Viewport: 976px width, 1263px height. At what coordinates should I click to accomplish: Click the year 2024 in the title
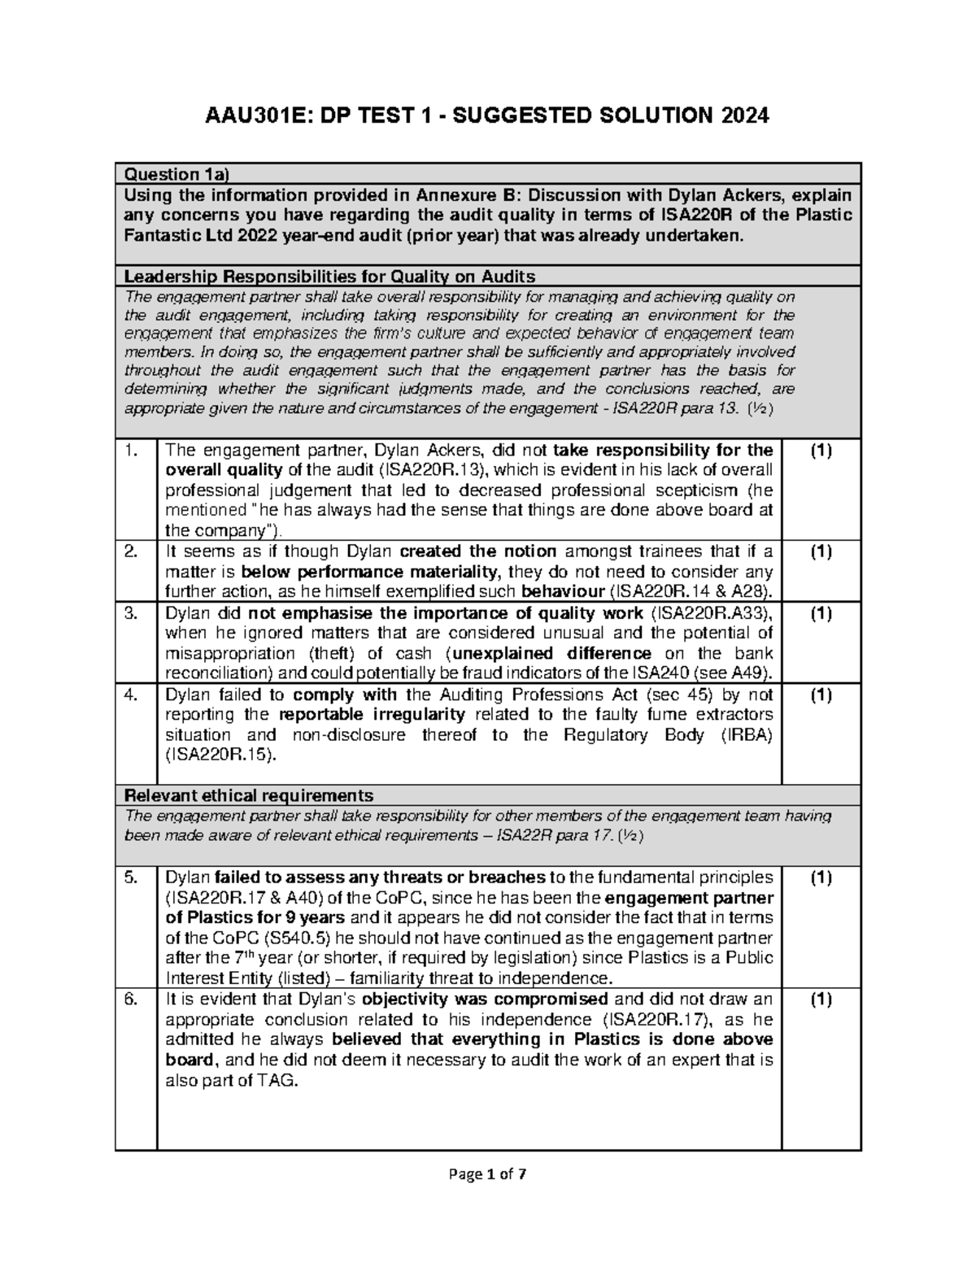click(740, 116)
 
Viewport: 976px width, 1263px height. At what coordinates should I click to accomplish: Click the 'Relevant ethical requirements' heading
click(248, 795)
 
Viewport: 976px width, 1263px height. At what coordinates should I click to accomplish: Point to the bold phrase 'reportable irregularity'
click(372, 715)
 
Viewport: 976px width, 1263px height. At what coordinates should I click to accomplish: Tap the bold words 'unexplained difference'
click(551, 653)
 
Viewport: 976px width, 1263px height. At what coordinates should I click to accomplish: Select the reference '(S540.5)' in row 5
click(299, 938)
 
